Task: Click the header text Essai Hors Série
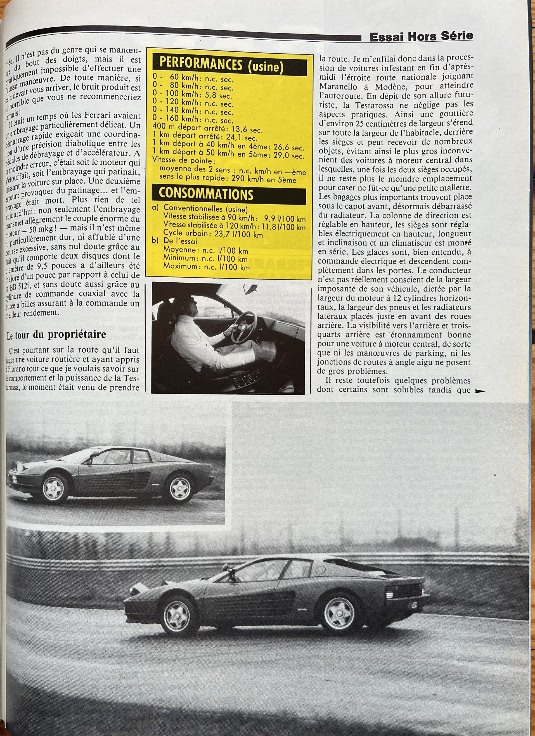421,37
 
